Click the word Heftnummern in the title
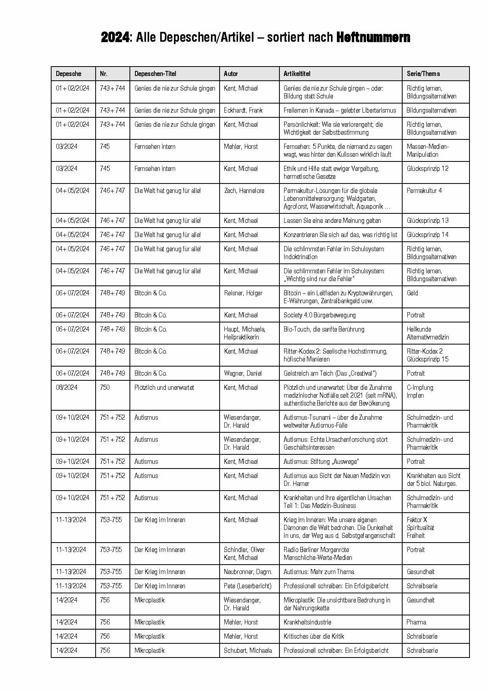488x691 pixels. [x=373, y=37]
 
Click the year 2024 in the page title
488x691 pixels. [x=115, y=37]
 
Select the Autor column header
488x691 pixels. [x=231, y=74]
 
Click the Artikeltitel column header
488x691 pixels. [x=297, y=74]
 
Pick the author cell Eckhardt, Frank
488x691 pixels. [x=243, y=110]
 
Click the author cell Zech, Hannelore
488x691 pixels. [x=244, y=191]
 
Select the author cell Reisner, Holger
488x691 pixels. [x=243, y=293]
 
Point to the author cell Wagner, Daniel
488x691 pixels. [x=243, y=373]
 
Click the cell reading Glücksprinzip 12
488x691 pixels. [x=427, y=169]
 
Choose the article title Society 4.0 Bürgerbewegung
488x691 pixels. [x=320, y=315]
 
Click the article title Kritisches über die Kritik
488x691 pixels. [x=314, y=636]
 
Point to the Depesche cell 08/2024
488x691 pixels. [x=67, y=387]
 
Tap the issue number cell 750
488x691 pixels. [x=105, y=387]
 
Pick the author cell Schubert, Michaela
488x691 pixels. [x=248, y=650]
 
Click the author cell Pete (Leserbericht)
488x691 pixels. [x=248, y=586]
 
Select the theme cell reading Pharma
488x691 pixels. [x=416, y=622]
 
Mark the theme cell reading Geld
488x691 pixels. [x=412, y=293]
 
